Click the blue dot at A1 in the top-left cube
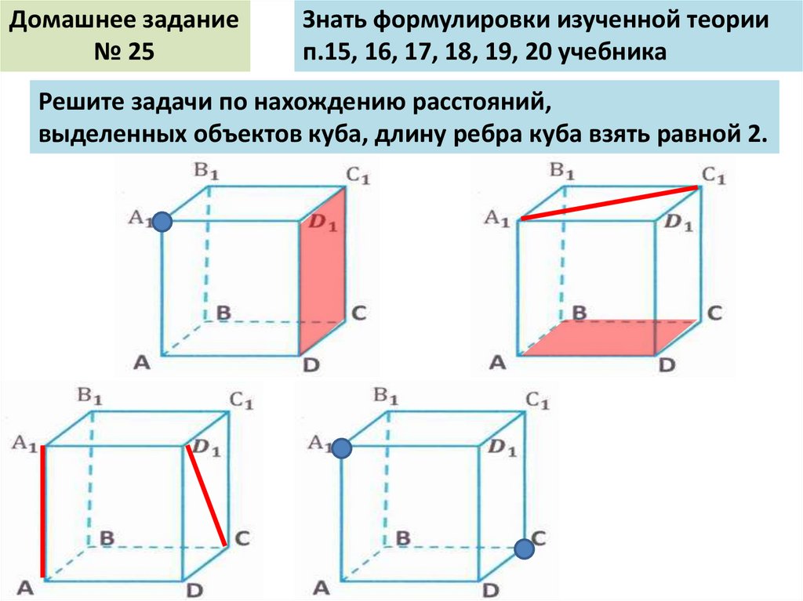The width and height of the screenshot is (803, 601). point(162,223)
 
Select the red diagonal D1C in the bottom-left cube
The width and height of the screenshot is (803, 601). point(207,495)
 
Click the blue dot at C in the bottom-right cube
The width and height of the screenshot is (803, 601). point(525,550)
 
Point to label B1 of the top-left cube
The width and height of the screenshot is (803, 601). point(205,169)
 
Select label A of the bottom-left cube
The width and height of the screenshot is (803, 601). point(27,586)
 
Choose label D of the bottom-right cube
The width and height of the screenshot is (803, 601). point(491,590)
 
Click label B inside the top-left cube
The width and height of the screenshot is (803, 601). point(224,313)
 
